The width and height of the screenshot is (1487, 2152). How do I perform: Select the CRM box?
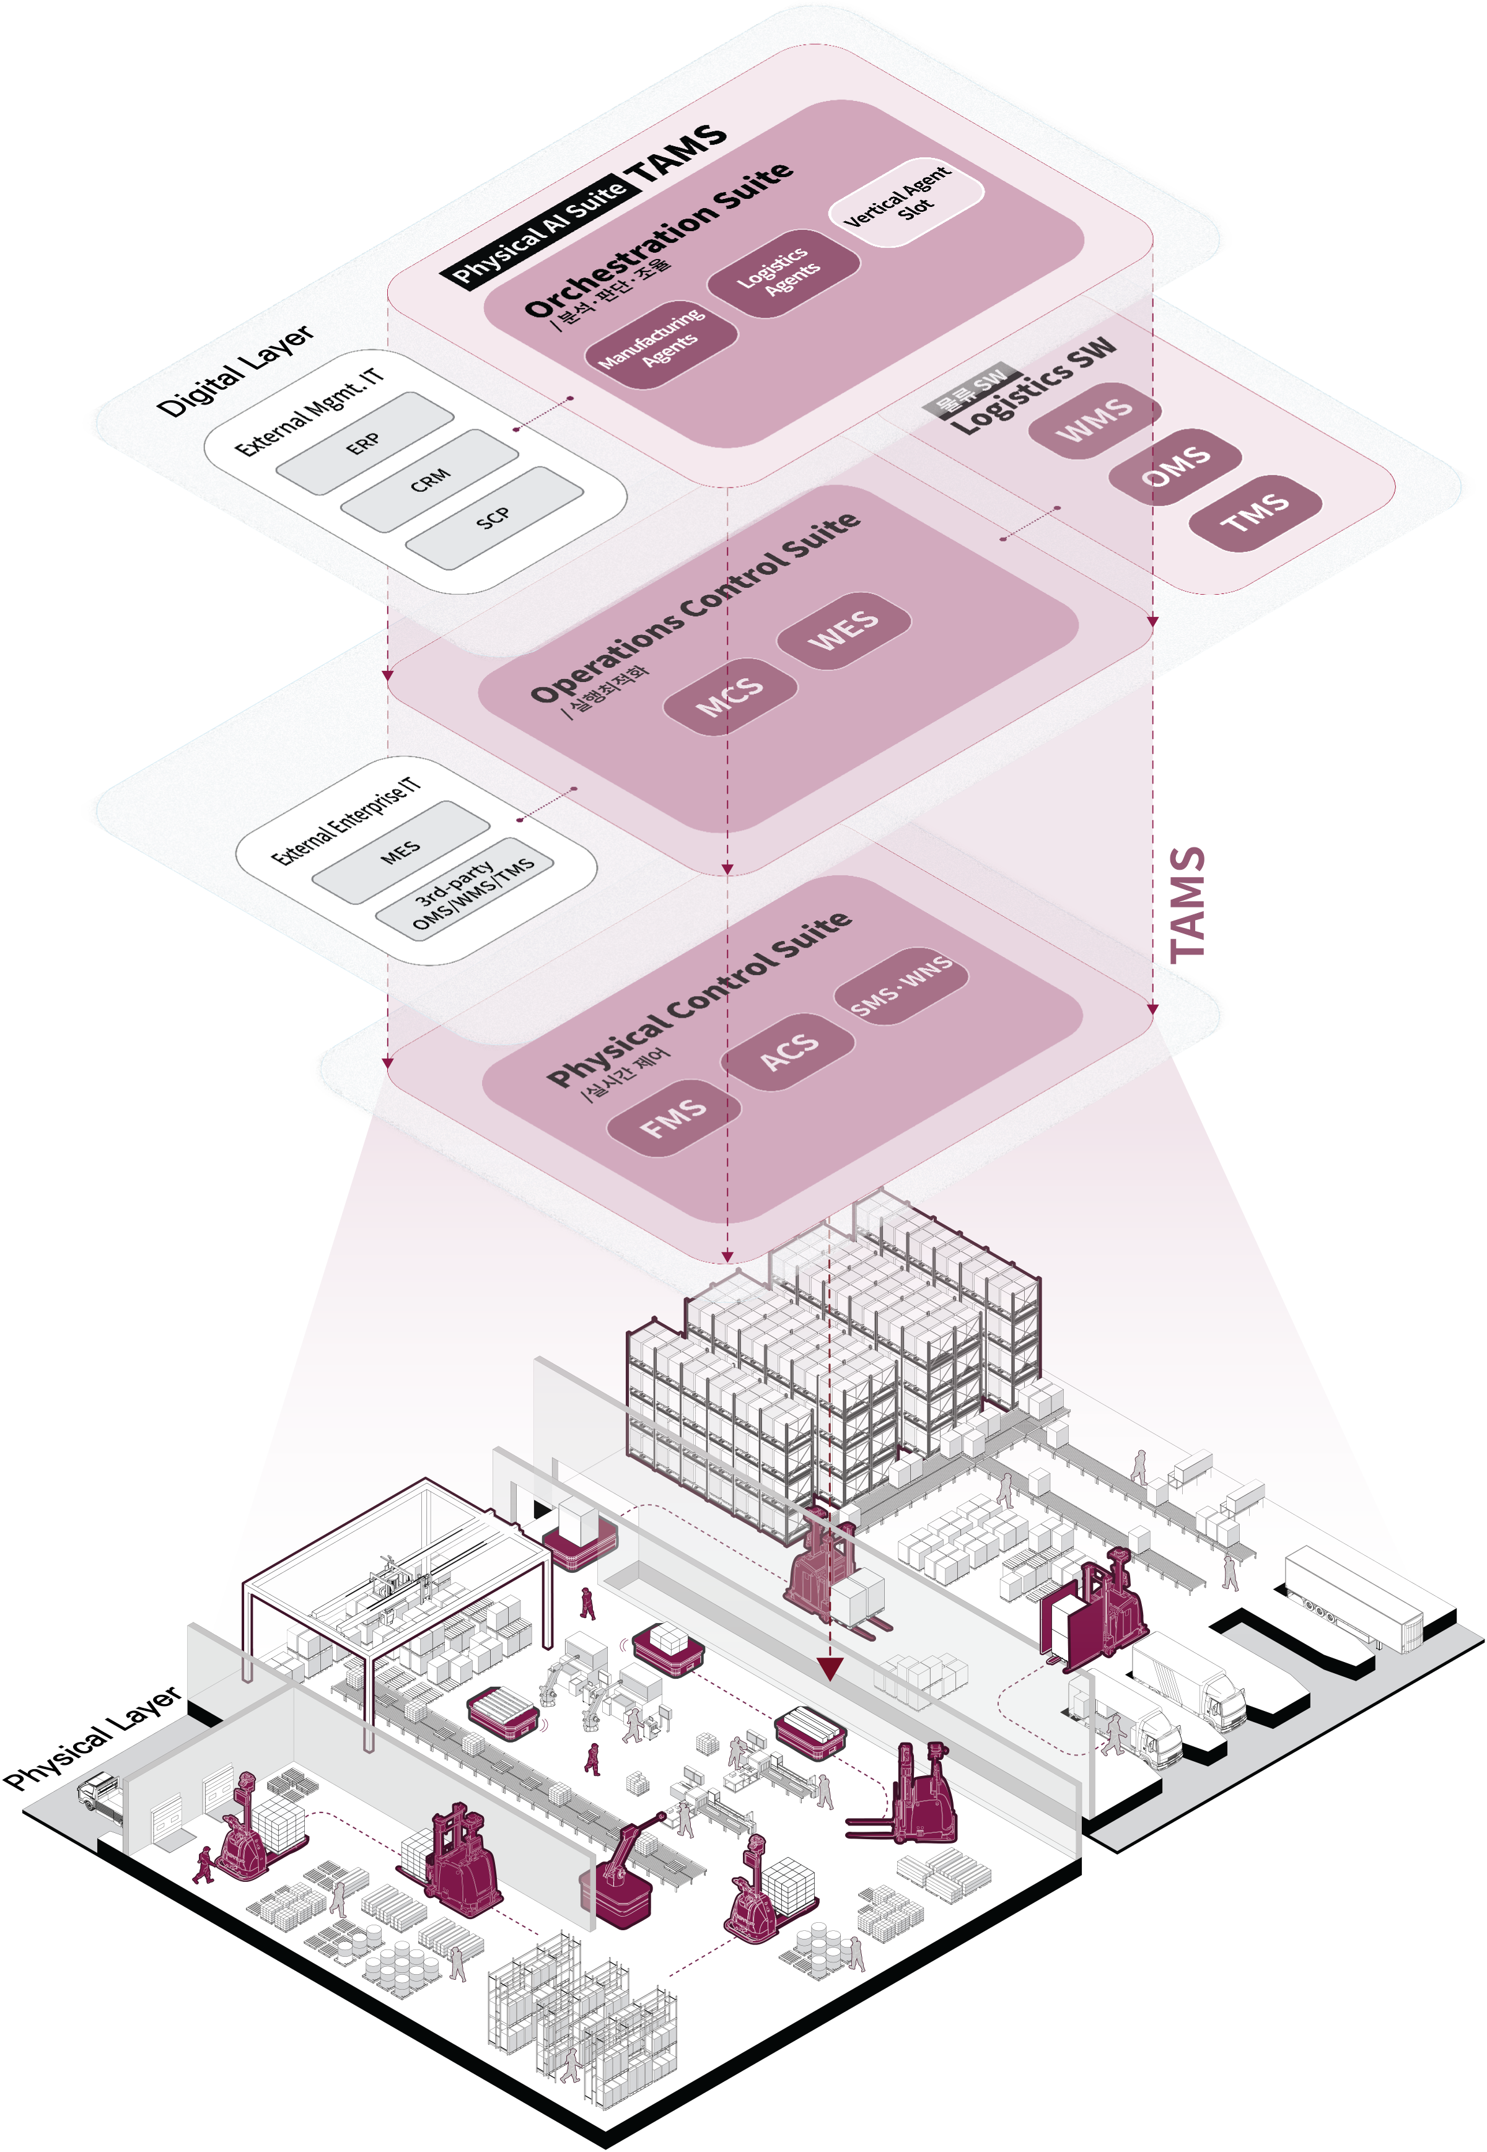[x=429, y=481]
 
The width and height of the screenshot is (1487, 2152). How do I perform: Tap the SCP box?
[x=494, y=518]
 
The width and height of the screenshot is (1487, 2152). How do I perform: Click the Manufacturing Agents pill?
[x=660, y=343]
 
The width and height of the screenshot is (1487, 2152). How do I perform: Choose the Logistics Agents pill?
[x=784, y=273]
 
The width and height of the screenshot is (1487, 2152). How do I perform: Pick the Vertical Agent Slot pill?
[x=906, y=203]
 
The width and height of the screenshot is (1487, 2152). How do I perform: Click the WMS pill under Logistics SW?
[x=1095, y=420]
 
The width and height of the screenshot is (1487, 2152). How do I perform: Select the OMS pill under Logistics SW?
[x=1175, y=466]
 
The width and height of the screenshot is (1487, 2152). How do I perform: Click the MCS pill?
[x=729, y=696]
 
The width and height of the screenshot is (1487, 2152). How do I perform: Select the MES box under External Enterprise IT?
[x=401, y=852]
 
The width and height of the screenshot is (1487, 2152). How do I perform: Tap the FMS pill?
[x=673, y=1117]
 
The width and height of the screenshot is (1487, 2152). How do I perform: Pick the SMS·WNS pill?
[x=901, y=987]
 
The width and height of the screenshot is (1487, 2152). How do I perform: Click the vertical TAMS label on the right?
[x=1187, y=904]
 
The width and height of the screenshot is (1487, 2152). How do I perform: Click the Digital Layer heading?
[x=235, y=371]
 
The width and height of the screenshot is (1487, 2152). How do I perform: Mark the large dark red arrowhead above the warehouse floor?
[x=829, y=1668]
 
